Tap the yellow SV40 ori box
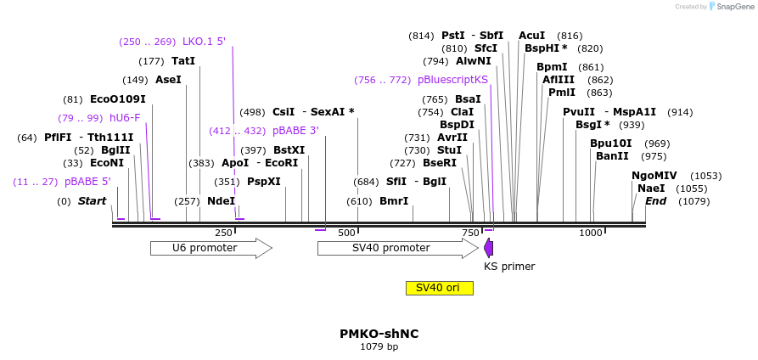[439, 288]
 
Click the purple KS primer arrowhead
[488, 248]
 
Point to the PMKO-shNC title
[379, 334]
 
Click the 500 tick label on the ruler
[347, 233]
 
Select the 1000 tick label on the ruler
[591, 233]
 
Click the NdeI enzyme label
[221, 201]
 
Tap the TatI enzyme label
[183, 61]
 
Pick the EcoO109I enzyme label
[117, 98]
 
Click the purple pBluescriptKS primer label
[452, 80]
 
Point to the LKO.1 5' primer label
[204, 42]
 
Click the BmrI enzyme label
[393, 201]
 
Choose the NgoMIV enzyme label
[654, 175]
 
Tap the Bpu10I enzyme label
[611, 143]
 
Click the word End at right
[655, 201]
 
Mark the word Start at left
[92, 201]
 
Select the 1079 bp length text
[379, 346]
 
